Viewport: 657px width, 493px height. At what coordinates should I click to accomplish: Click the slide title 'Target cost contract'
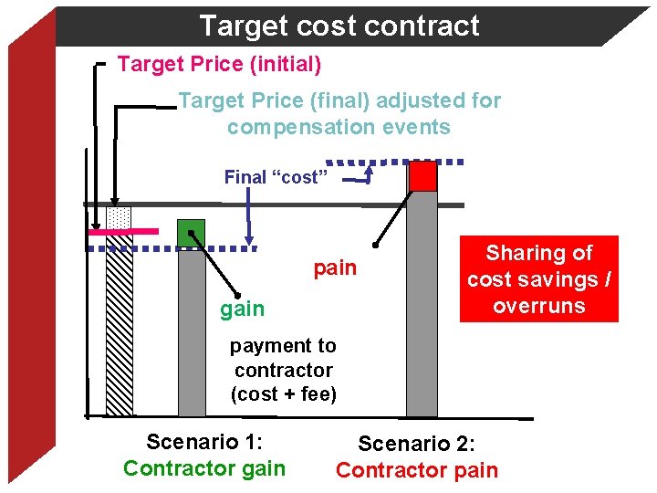click(339, 26)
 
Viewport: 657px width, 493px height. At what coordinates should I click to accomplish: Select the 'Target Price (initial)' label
click(219, 65)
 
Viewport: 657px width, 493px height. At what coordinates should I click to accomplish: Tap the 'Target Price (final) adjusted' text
click(339, 100)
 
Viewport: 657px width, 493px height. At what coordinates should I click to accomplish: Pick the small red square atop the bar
click(422, 176)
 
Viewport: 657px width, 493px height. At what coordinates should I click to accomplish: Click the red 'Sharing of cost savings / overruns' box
click(538, 279)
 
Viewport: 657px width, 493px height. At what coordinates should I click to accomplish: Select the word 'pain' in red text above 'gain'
click(335, 268)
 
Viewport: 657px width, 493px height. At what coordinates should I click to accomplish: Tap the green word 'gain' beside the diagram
click(242, 309)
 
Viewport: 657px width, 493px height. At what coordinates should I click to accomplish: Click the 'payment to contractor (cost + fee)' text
click(283, 370)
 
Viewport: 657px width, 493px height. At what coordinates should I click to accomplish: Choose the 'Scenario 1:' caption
click(204, 443)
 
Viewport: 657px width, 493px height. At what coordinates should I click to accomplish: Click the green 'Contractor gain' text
click(204, 468)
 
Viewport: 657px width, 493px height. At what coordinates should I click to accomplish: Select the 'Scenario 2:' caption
click(417, 445)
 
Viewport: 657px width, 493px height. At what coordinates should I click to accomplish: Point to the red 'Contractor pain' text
click(417, 470)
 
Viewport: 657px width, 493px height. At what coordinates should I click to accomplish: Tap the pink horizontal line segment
click(123, 232)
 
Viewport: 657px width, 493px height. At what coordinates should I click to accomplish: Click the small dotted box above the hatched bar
click(119, 217)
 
